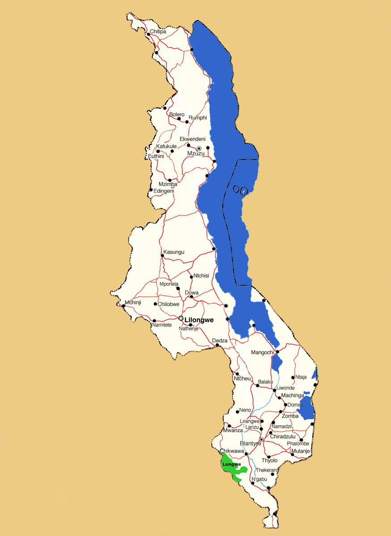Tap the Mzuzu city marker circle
[x=199, y=148]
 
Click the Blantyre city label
[x=250, y=443]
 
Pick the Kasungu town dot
[x=162, y=255]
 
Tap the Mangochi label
[x=262, y=352]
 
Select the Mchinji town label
[x=133, y=302]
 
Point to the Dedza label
[x=220, y=340]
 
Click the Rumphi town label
[x=198, y=118]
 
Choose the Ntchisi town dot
[x=191, y=277]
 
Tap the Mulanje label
[x=300, y=451]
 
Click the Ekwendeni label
[x=192, y=139]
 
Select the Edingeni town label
[x=164, y=191]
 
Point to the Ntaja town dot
[x=293, y=377]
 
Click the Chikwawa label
[x=232, y=451]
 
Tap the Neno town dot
[x=238, y=411]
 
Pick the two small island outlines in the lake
[x=241, y=191]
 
